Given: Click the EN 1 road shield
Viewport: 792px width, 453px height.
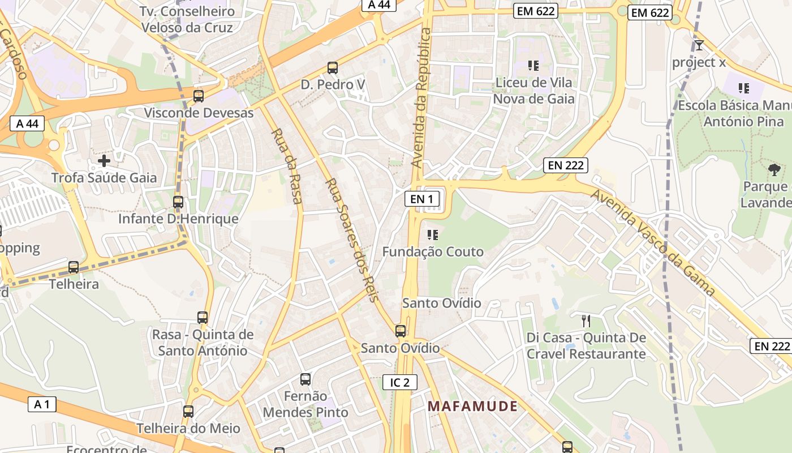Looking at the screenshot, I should point(422,199).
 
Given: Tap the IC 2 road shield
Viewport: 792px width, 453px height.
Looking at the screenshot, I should point(400,382).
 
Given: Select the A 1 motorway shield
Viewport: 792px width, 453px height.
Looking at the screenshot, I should point(42,404).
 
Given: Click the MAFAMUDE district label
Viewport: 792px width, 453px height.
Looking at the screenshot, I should point(472,406).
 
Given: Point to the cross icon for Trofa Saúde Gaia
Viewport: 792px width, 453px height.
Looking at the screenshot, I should point(104,161).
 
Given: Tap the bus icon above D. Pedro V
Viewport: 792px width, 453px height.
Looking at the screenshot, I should point(333,68).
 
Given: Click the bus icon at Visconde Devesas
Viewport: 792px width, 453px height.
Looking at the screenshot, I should point(199,96).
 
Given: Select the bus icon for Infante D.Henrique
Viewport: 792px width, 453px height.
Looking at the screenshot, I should point(178,202).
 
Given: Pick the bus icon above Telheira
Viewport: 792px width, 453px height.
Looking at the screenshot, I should point(74,267).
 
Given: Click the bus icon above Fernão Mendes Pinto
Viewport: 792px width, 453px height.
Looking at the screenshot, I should point(305,379).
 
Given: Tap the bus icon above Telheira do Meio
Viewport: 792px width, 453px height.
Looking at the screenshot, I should point(188,412).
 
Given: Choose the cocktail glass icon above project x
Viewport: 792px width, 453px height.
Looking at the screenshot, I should point(699,45).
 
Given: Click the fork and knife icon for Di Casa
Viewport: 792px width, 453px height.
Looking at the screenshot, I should point(586,321).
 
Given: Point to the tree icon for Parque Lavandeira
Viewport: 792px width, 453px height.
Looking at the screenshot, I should point(774,169).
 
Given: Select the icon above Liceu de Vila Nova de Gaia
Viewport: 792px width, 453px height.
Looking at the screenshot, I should point(533,66).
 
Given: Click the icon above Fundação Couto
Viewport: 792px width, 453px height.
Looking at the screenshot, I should point(433,234).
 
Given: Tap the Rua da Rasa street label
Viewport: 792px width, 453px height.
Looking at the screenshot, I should point(287,165).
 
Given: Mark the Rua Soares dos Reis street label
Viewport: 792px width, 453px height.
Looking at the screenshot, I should point(352,240).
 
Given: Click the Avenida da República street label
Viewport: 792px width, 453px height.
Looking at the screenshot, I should point(421,97).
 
